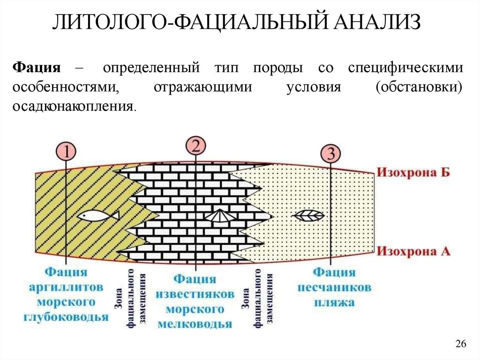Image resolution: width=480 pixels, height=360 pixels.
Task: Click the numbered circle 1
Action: [66, 152]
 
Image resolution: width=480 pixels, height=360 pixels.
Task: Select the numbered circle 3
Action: [330, 154]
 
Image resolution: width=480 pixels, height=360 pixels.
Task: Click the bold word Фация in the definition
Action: [37, 68]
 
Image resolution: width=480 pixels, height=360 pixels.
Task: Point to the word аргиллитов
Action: [66, 287]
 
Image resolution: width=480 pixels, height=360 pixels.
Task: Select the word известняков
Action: [195, 294]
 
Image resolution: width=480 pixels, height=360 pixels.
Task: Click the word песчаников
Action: [334, 287]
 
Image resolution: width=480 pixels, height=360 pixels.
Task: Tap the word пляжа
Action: [334, 302]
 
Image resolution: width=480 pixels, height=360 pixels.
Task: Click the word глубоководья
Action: [66, 317]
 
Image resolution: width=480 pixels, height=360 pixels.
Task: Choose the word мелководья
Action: [195, 324]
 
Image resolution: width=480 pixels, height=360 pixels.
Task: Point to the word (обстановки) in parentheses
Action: [419, 87]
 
